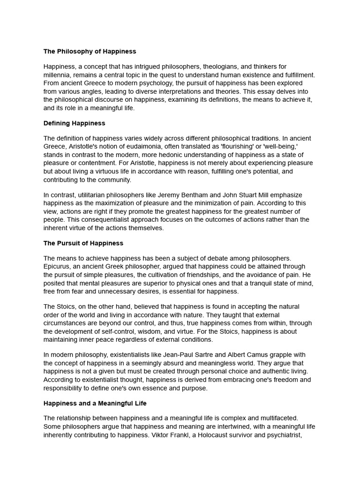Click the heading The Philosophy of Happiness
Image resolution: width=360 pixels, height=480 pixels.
point(90,51)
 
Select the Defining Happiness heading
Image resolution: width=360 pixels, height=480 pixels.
point(74,123)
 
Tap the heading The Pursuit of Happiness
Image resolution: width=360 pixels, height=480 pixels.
point(83,243)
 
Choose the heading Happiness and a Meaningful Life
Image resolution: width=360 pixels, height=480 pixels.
point(95,403)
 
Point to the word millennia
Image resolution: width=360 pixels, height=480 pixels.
point(58,75)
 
